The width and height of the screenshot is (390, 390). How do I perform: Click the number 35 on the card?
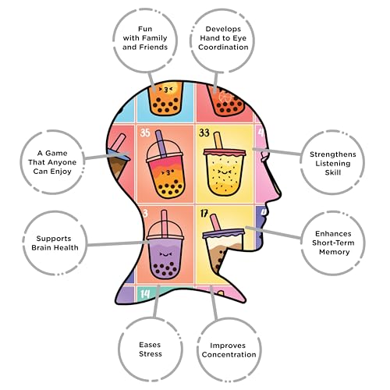(x=145, y=133)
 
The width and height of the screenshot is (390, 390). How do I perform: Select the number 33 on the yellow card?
(x=204, y=133)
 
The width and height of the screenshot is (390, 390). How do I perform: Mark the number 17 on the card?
(x=204, y=214)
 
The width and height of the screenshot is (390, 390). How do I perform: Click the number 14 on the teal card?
(x=145, y=294)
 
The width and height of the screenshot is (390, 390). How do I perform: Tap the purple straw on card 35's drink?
(x=161, y=144)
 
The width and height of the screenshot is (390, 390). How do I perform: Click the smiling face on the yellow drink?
(x=223, y=172)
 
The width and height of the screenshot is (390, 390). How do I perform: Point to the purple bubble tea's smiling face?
(x=165, y=254)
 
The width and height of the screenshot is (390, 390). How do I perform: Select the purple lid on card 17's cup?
(x=224, y=233)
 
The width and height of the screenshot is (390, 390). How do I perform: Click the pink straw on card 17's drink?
(x=215, y=222)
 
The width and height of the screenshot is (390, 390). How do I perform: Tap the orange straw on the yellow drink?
(x=218, y=140)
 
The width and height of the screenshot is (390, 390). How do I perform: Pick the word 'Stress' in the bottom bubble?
(x=151, y=354)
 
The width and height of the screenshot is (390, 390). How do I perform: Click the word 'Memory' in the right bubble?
(x=335, y=252)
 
